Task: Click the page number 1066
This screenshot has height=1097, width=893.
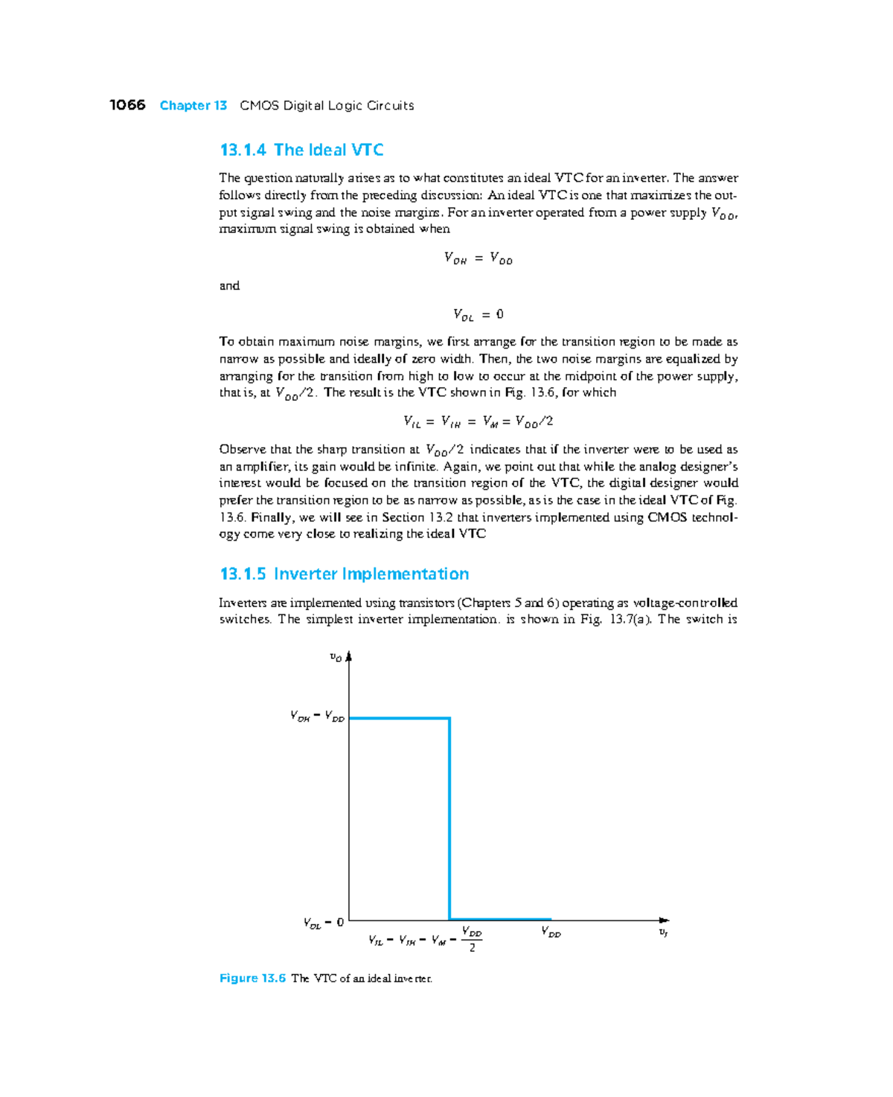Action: tap(127, 105)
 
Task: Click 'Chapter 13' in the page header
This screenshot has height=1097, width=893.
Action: tap(193, 106)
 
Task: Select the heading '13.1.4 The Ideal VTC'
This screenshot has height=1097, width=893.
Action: tap(301, 150)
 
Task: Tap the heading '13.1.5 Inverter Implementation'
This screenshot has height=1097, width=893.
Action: tap(344, 574)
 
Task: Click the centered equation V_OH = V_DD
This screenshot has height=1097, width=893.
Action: tap(478, 258)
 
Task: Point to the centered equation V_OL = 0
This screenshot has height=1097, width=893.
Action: tap(478, 315)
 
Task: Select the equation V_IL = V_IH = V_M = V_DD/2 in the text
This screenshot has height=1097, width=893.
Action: tap(478, 422)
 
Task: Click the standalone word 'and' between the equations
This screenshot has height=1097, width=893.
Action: tap(229, 286)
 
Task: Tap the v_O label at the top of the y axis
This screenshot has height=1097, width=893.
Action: tap(336, 657)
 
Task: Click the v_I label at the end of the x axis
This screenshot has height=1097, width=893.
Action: tap(663, 932)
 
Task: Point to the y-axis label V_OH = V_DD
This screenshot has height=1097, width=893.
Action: tap(317, 716)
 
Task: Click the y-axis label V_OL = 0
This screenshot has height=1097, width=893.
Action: tap(324, 923)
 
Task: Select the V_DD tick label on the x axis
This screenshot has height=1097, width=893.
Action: tap(551, 932)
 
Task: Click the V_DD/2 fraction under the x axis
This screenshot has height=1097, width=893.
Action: tap(472, 939)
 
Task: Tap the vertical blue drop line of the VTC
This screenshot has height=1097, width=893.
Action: tap(449, 819)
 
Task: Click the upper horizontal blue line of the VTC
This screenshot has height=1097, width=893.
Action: tap(399, 718)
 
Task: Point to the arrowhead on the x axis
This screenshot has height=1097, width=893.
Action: tap(665, 920)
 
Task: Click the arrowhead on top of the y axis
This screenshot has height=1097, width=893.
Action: tap(348, 656)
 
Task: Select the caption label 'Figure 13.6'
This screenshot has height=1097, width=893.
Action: tap(252, 978)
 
